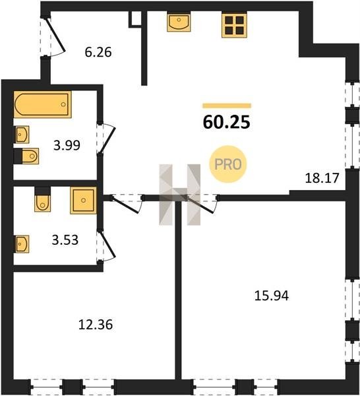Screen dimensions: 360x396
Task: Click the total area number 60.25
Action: pyautogui.click(x=226, y=122)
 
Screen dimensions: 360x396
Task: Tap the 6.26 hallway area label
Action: pyautogui.click(x=98, y=52)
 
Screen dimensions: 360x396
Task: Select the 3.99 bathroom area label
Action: pyautogui.click(x=67, y=145)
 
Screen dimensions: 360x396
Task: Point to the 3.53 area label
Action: pyautogui.click(x=65, y=240)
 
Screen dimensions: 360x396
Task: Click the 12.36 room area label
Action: pyautogui.click(x=96, y=325)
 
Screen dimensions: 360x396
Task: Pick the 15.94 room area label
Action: pyautogui.click(x=272, y=296)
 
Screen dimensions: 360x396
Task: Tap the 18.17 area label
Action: pyautogui.click(x=322, y=178)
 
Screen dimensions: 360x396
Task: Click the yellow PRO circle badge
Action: pyautogui.click(x=228, y=164)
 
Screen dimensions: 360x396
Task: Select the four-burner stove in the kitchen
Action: pyautogui.click(x=234, y=25)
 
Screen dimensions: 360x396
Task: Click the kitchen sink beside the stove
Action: pyautogui.click(x=179, y=22)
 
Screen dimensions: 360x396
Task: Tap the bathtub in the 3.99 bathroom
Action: pyautogui.click(x=43, y=104)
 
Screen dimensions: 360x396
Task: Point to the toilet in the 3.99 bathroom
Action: pyautogui.click(x=26, y=156)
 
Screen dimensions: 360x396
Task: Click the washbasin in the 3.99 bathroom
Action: pyautogui.click(x=22, y=135)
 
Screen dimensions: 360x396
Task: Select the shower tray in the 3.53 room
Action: pyautogui.click(x=84, y=201)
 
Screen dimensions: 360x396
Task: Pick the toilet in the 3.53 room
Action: pyautogui.click(x=42, y=199)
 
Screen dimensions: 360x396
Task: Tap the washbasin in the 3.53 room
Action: pyautogui.click(x=22, y=244)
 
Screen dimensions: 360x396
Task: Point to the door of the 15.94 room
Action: pyautogui.click(x=202, y=203)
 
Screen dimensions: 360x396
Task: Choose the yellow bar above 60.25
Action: pyautogui.click(x=227, y=106)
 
